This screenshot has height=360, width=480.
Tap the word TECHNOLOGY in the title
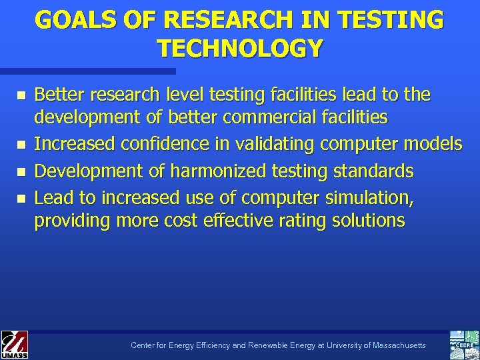[240, 48]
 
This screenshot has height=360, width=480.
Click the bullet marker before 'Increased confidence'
[21, 144]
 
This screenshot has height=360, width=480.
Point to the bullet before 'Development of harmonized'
[21, 171]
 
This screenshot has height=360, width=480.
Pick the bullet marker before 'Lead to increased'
[21, 198]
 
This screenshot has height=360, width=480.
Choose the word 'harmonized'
[215, 171]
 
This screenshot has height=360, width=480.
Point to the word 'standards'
[370, 171]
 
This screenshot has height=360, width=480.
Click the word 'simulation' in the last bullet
[373, 198]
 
